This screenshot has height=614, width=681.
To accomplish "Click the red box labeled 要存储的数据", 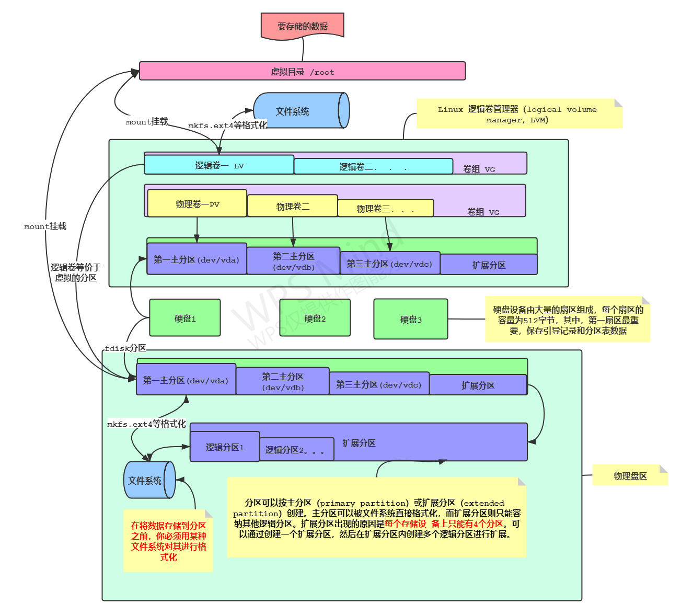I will click(302, 26).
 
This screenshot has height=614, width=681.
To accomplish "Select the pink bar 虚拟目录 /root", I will click(302, 71).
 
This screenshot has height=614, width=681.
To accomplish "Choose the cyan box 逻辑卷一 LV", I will click(219, 165).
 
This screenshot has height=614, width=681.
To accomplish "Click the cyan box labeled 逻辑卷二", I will click(373, 167).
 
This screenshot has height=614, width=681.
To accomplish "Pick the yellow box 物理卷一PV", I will click(197, 204).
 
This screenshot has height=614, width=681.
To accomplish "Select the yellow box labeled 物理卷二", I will click(292, 207).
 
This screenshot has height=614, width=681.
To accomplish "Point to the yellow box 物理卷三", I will click(385, 209).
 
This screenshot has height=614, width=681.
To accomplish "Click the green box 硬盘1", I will click(185, 318).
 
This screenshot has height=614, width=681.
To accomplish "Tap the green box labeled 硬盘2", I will click(315, 318).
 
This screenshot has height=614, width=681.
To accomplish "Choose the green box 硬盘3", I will click(411, 319).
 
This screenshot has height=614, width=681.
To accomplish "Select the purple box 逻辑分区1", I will click(224, 447).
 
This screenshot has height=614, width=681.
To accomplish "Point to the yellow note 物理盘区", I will click(629, 475).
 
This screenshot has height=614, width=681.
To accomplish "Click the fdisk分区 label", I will click(125, 348).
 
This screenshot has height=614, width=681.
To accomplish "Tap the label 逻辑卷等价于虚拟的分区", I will click(76, 272).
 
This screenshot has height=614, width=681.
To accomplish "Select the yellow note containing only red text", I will click(168, 541).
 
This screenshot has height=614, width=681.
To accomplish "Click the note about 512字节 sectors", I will click(568, 320).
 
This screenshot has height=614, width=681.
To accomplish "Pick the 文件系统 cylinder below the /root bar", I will click(301, 110).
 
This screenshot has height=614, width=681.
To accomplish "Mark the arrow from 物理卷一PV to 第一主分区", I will click(197, 230).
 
